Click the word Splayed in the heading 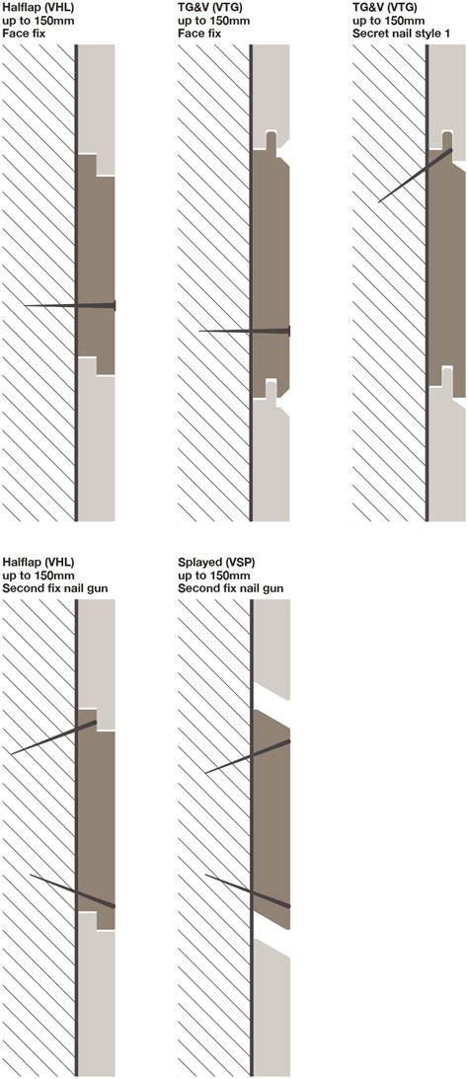(201, 562)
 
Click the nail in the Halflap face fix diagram (69, 306)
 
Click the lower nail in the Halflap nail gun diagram (74, 889)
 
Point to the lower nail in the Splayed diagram (247, 888)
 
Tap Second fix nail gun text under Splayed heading (233, 588)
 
